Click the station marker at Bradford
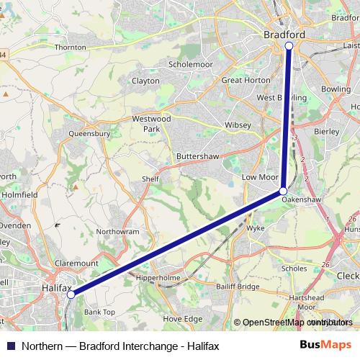click(x=289, y=45)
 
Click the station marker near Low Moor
click(x=283, y=191)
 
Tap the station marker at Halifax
click(x=71, y=294)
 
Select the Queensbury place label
click(x=89, y=133)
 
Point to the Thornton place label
click(x=70, y=47)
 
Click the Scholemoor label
click(x=188, y=63)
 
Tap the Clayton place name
click(x=145, y=81)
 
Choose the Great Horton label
click(x=246, y=81)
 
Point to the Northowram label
click(x=117, y=232)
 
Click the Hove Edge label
click(x=183, y=318)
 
